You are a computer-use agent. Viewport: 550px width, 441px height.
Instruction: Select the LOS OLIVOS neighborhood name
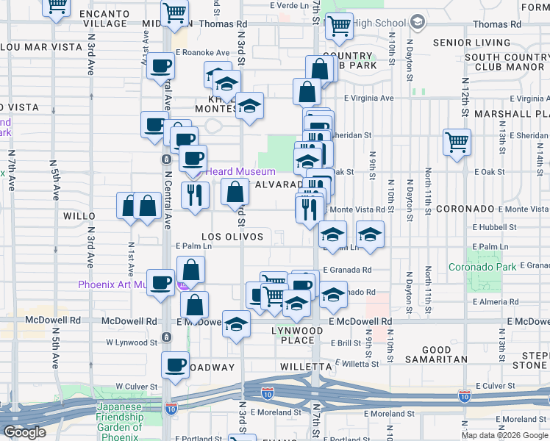click(x=232, y=237)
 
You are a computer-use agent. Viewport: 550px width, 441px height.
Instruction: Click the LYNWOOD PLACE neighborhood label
click(x=297, y=336)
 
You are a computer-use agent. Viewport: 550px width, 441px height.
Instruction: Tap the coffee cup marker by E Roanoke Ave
click(x=160, y=66)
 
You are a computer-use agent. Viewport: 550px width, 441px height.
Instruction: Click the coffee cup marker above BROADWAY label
click(x=175, y=365)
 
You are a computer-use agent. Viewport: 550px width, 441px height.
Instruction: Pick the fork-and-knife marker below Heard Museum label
click(x=195, y=194)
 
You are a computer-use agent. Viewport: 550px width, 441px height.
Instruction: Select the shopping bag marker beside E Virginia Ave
click(x=307, y=92)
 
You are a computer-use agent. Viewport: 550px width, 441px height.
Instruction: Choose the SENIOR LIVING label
click(x=471, y=43)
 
